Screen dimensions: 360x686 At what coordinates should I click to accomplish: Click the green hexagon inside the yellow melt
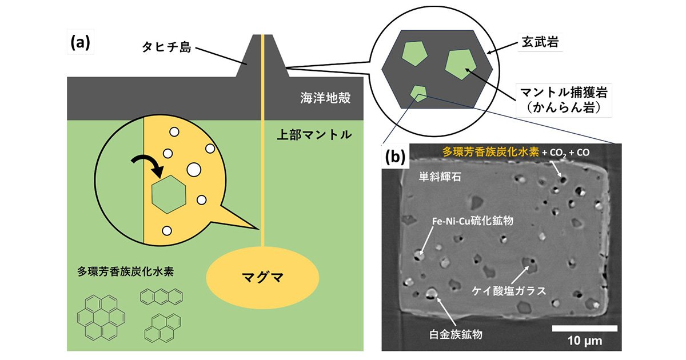[168, 195]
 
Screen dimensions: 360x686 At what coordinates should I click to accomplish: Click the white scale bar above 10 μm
[584, 328]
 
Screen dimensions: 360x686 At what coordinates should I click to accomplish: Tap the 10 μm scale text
[584, 341]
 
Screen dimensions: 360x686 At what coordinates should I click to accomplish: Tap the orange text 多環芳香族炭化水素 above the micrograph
[489, 152]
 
